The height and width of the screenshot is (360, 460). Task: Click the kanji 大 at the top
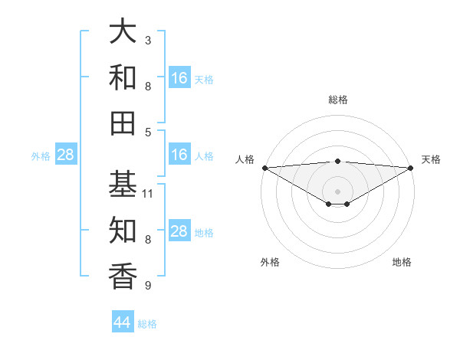point(123,32)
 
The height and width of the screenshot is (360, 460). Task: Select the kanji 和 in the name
point(123,78)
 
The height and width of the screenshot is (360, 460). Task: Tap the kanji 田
point(123,123)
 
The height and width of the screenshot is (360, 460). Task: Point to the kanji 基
point(123,184)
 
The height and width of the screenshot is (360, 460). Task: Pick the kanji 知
point(123,230)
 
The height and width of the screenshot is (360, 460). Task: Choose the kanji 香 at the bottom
point(123,276)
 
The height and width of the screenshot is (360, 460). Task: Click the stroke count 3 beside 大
point(148,40)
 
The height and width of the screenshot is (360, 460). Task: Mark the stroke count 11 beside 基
point(149,194)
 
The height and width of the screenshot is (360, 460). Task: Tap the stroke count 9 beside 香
point(148,286)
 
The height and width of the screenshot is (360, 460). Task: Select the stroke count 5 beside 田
point(148,132)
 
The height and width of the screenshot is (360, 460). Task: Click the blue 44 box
point(123,322)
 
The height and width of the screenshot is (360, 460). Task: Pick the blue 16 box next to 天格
point(179,78)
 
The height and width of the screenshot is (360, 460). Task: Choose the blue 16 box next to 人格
point(179,155)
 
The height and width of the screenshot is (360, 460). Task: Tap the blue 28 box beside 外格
point(65,155)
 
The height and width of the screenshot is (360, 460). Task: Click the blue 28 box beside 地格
point(179,232)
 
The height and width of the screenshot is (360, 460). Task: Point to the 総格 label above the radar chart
point(338,100)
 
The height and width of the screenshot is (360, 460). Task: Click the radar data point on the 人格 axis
point(264,167)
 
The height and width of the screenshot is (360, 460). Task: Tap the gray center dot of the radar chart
point(338,190)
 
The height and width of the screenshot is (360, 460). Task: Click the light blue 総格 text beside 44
point(147,324)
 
